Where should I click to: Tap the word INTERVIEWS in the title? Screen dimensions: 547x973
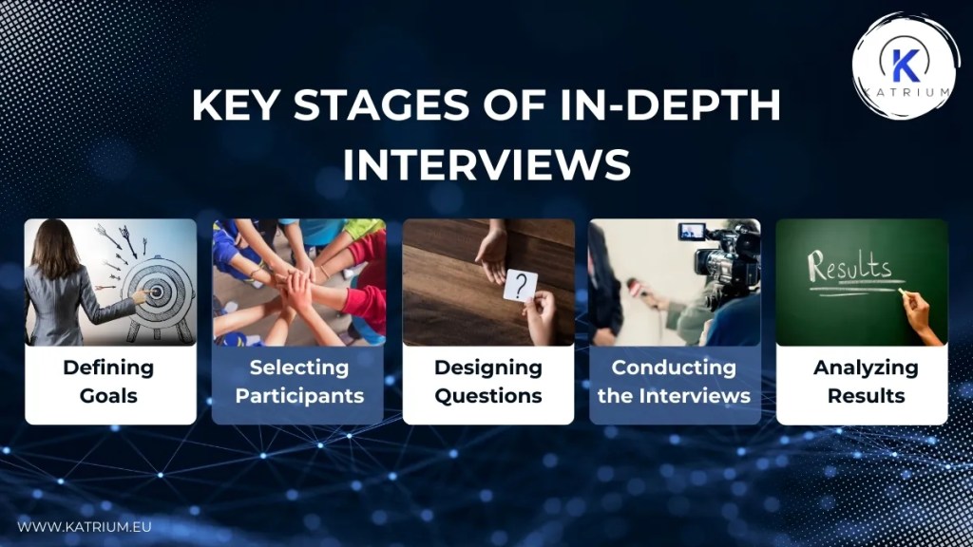pos(486,162)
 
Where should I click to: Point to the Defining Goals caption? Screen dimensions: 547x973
pos(109,382)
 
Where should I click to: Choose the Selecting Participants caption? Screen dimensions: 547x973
pos(299,382)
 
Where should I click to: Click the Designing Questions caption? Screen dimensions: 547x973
pos(488,382)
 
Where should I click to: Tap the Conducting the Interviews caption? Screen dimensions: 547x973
pos(674,382)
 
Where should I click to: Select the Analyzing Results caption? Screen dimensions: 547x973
pos(865,382)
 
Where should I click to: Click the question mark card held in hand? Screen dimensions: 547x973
pos(521,286)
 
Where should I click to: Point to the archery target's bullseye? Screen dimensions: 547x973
pos(154,292)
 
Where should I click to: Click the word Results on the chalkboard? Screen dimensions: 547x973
pos(849,267)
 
